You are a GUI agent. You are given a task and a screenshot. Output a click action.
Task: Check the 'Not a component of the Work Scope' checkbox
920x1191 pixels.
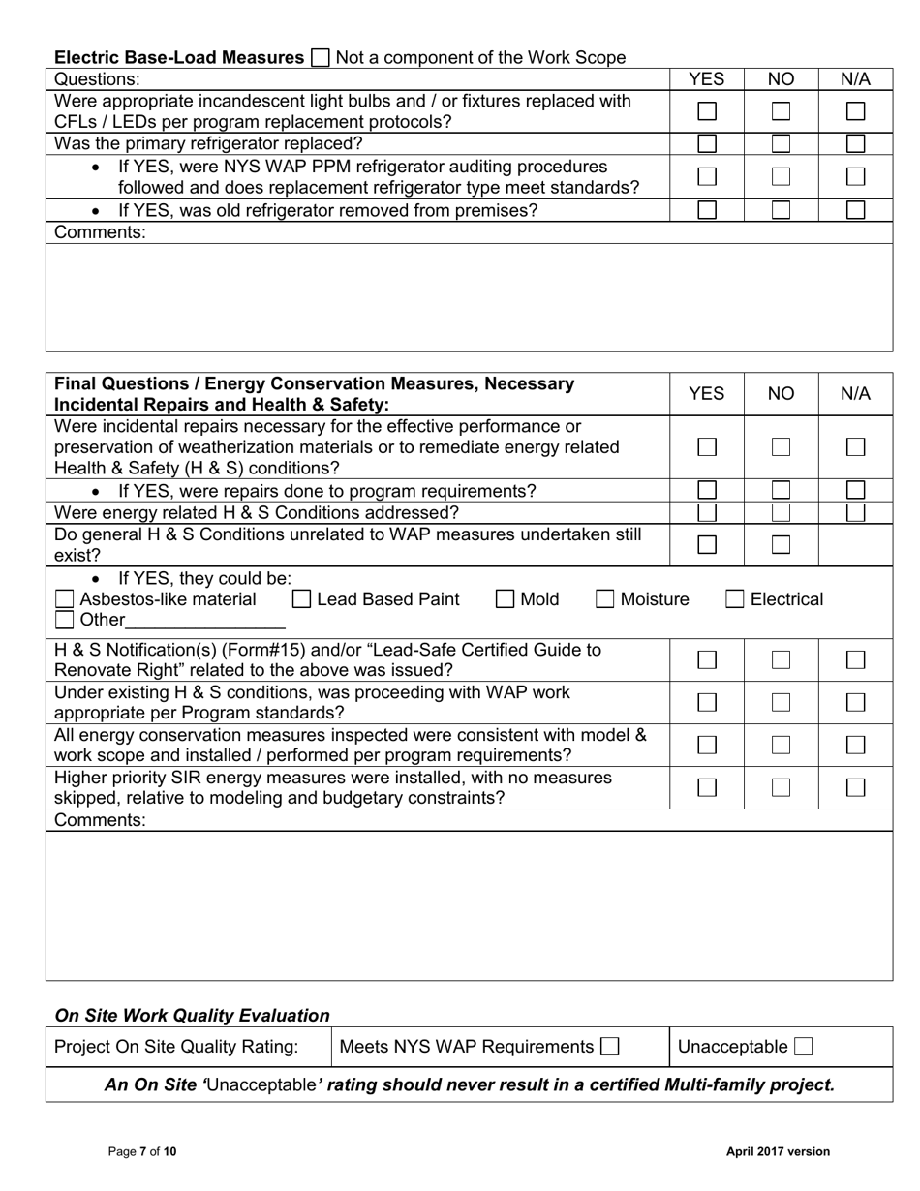(x=320, y=58)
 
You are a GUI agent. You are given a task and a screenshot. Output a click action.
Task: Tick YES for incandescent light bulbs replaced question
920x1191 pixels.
(x=707, y=111)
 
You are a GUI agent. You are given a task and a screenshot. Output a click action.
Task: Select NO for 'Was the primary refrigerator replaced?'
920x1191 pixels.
(x=781, y=144)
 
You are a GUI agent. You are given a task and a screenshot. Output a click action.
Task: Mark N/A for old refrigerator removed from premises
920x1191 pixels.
(x=855, y=210)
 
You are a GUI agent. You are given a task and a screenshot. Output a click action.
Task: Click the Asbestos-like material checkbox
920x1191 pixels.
(x=65, y=599)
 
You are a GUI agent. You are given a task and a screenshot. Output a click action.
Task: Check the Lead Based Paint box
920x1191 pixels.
(x=302, y=599)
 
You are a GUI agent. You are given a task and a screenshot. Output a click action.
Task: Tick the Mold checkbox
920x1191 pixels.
(x=506, y=599)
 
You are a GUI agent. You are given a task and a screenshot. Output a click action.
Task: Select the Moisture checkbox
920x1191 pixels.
(x=605, y=599)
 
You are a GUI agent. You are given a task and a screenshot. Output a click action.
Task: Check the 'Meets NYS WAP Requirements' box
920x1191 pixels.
(x=609, y=1047)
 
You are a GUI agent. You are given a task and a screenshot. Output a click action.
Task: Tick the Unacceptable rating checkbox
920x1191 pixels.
(x=803, y=1047)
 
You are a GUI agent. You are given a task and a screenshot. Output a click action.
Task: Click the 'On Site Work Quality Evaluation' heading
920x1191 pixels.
(x=192, y=1015)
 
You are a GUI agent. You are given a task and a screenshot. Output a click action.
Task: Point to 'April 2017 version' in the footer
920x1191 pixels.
(x=778, y=1151)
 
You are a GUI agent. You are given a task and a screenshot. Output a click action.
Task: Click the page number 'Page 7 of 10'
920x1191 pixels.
(x=142, y=1151)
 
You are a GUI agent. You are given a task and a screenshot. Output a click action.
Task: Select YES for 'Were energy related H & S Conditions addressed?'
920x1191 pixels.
(x=707, y=512)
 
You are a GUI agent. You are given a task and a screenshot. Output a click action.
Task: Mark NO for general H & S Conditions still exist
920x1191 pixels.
(x=781, y=544)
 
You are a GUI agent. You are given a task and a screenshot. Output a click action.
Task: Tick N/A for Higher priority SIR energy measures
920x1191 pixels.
(x=855, y=787)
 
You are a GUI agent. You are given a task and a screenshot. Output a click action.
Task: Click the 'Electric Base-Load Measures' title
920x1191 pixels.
(x=179, y=58)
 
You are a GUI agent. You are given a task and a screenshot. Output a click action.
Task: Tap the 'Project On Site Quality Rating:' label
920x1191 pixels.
(x=176, y=1047)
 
